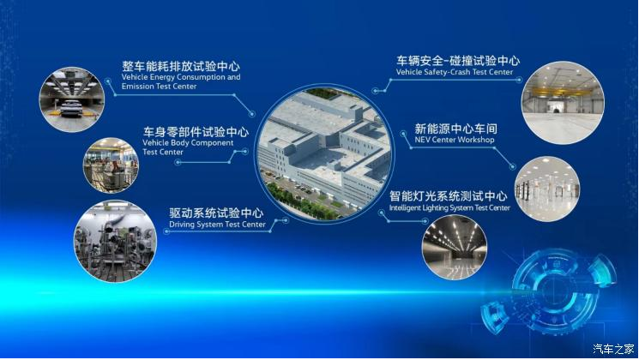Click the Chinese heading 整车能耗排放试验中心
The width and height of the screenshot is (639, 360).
coord(180,66)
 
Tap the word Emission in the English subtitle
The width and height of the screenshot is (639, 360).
coord(137,87)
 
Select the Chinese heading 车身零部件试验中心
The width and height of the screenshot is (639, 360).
coord(196,132)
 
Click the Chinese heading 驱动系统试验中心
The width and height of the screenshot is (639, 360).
coord(216,213)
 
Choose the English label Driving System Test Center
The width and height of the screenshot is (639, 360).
coord(217,225)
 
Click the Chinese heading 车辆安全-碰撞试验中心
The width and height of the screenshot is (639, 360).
coord(458,61)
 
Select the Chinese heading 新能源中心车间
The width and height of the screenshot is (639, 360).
coord(455,129)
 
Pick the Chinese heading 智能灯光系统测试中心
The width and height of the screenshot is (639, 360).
coord(449,196)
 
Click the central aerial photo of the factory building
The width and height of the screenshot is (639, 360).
coord(324,153)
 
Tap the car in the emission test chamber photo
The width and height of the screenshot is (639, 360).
coord(71,107)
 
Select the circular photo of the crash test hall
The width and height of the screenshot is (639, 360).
coord(563,102)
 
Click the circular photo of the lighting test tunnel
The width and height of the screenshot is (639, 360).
coord(454,248)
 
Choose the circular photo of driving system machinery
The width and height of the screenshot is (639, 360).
coord(115,241)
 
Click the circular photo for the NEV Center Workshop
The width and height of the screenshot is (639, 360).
coord(547,189)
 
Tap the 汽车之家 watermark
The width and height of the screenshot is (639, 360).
coord(613,349)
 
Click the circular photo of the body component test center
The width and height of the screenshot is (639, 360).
coord(111,165)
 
